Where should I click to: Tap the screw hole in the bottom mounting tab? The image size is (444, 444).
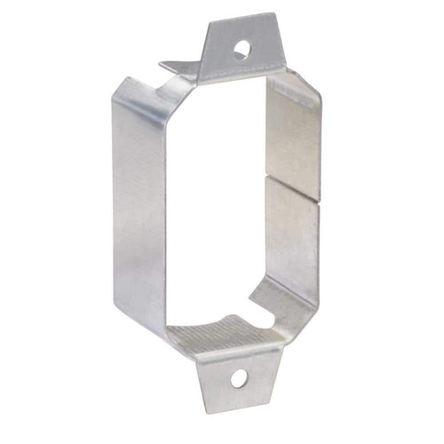coord(238,379)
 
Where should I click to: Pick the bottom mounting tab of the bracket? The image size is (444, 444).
coord(236,377)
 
